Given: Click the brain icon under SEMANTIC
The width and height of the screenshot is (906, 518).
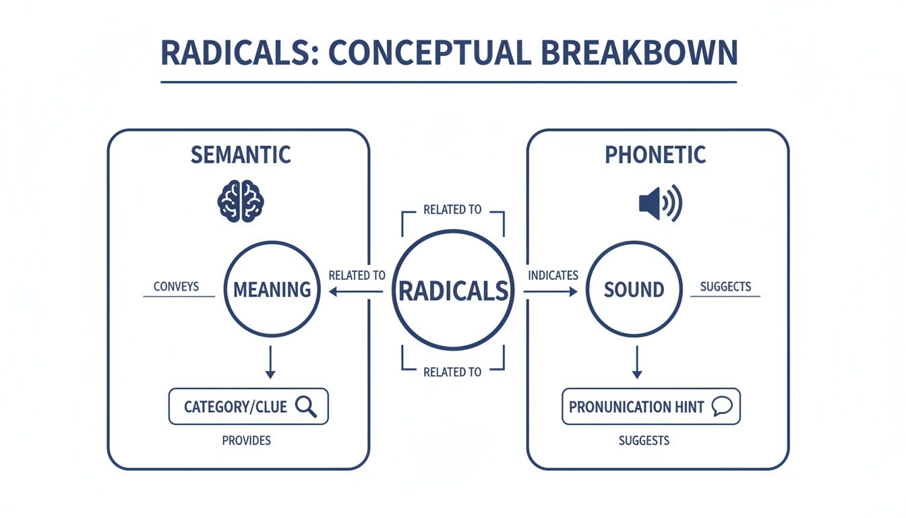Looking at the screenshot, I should click(x=241, y=200).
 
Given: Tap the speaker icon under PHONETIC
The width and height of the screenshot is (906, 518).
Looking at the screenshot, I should click(x=660, y=202).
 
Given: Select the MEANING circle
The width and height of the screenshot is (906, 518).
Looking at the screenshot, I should click(x=272, y=289).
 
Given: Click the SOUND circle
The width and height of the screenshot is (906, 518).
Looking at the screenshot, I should click(x=634, y=289).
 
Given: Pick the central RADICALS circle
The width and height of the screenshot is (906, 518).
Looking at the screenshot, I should click(x=453, y=291).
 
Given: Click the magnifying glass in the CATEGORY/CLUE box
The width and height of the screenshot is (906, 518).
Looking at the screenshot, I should click(x=307, y=407).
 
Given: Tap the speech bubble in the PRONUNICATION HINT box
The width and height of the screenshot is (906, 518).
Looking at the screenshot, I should click(x=721, y=407).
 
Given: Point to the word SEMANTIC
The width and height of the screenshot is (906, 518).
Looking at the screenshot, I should click(x=241, y=154).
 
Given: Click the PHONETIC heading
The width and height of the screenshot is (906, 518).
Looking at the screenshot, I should click(x=655, y=154).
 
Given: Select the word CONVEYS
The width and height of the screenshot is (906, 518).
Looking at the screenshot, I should click(x=176, y=287).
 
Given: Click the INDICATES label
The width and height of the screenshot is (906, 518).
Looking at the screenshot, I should click(x=553, y=275).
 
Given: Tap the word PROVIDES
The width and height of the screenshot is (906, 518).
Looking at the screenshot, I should click(x=246, y=440).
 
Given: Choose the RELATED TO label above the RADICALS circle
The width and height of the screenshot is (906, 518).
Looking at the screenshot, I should click(x=452, y=210).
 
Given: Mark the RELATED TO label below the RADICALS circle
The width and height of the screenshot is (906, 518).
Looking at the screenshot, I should click(x=452, y=372).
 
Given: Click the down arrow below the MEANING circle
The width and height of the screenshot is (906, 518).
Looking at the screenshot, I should click(x=270, y=362).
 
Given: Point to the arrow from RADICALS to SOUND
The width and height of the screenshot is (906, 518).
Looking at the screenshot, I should click(x=551, y=291).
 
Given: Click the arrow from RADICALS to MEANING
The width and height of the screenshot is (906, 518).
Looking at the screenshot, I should click(x=356, y=291).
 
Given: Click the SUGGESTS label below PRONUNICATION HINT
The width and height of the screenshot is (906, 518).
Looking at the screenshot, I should click(x=644, y=440).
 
